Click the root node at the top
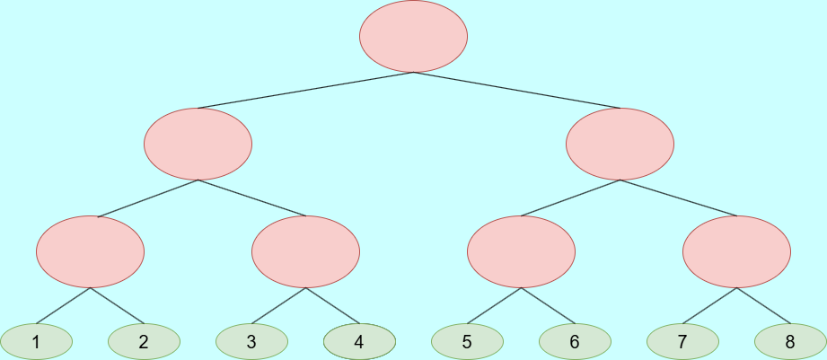pos(413,37)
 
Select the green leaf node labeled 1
pos(36,341)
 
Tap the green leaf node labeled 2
pos(144,341)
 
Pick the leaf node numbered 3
pos(251,341)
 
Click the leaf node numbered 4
pos(359,341)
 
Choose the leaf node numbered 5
pos(467,341)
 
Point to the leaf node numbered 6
pos(575,341)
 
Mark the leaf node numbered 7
pos(682,341)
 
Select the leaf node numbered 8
pos(790,341)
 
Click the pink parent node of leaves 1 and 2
pos(90,252)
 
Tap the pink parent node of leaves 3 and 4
pos(305,252)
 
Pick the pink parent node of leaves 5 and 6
pos(521,252)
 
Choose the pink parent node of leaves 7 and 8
pos(736,252)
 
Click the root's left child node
pos(198,144)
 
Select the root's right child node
pos(620,144)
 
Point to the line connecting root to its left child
pos(305,91)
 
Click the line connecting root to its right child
pos(516,91)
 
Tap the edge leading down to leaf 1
pos(63,306)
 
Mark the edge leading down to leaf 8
pos(763,306)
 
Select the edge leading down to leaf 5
pos(494,306)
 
